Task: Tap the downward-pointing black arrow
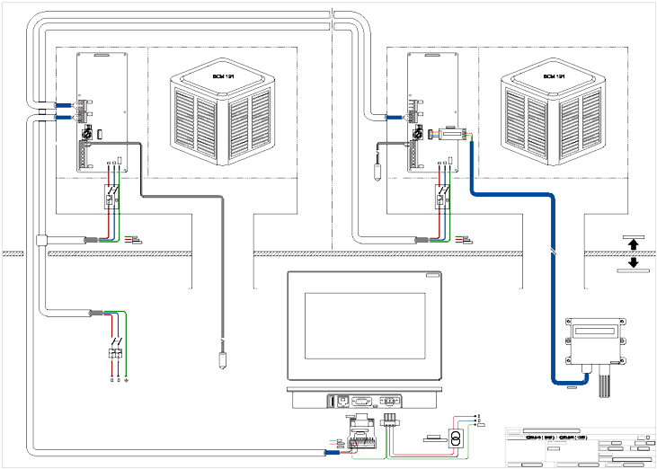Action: pyautogui.click(x=633, y=261)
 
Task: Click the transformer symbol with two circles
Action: pyautogui.click(x=457, y=439)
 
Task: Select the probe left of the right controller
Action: pyautogui.click(x=377, y=170)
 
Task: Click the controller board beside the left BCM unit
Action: pyautogui.click(x=100, y=112)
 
